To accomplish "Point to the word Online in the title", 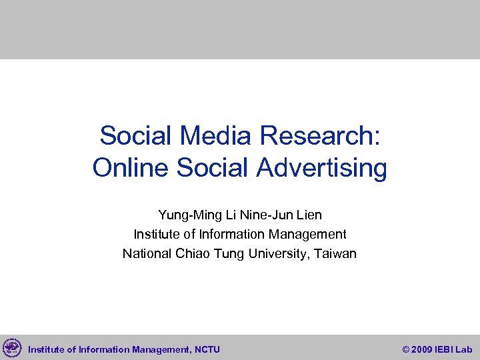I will pyautogui.click(x=131, y=168).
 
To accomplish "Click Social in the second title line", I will pyautogui.click(x=213, y=168).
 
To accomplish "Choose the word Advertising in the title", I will pyautogui.click(x=321, y=168).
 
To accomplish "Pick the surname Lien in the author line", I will pyautogui.click(x=307, y=215).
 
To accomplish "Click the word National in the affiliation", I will pyautogui.click(x=147, y=254).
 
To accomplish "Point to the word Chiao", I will pyautogui.click(x=191, y=254).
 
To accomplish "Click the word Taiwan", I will pyautogui.click(x=335, y=254).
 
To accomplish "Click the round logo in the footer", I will pyautogui.click(x=12, y=348).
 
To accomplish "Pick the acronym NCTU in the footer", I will pyautogui.click(x=207, y=349).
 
